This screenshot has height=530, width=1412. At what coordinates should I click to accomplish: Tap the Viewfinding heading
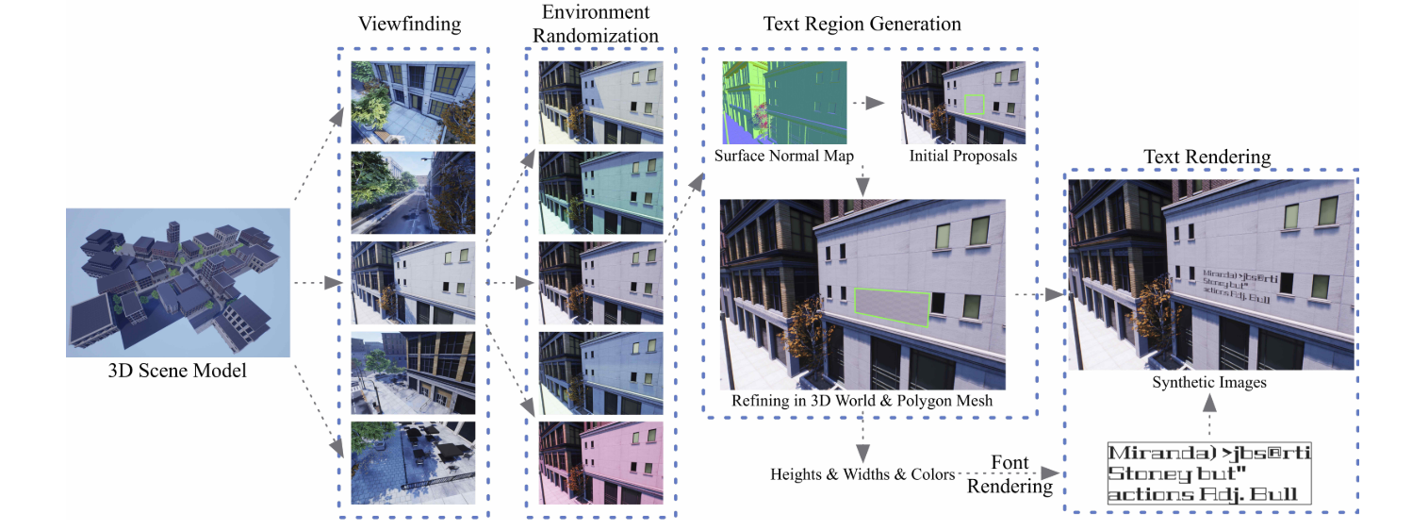[410, 25]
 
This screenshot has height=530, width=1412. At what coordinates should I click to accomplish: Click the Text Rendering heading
[1207, 155]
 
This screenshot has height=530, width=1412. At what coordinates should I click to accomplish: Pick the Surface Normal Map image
[785, 102]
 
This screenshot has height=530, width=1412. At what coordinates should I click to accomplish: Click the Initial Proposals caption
[963, 156]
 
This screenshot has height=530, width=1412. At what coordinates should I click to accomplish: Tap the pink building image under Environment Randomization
[600, 462]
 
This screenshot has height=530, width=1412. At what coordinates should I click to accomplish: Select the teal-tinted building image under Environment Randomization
[600, 192]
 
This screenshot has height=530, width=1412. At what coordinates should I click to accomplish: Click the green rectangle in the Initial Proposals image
[976, 104]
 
